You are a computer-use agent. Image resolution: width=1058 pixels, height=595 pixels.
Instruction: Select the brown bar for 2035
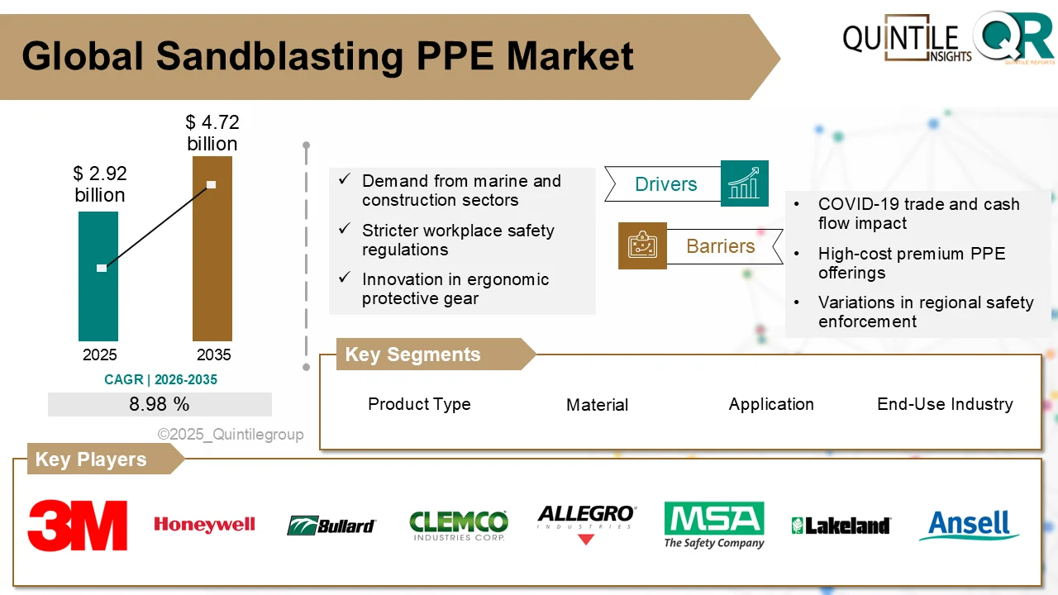tap(212, 273)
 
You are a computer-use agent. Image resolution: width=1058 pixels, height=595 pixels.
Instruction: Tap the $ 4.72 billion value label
tap(212, 133)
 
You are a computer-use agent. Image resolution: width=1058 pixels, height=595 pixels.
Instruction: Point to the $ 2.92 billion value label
tap(99, 184)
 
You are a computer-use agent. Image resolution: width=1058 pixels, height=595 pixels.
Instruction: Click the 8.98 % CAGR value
tap(160, 405)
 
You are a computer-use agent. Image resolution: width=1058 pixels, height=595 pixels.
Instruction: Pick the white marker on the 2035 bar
tap(212, 184)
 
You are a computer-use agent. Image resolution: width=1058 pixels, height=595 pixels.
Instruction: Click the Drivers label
tap(665, 184)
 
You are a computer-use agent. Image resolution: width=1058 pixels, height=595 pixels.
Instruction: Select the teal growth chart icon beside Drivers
tap(744, 183)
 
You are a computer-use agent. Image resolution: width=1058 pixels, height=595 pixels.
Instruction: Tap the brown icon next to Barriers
tap(642, 245)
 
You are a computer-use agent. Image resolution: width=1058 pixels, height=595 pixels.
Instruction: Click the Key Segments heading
tap(412, 355)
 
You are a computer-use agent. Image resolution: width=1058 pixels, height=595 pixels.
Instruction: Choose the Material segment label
tap(597, 405)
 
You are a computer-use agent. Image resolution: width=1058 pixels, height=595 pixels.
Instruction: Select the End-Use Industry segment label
tap(945, 404)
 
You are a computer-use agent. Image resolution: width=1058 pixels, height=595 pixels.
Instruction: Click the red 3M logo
tap(78, 525)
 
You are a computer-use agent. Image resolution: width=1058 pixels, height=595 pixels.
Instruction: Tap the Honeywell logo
tap(204, 525)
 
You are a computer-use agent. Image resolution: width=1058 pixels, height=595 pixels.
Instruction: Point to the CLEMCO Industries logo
tap(459, 525)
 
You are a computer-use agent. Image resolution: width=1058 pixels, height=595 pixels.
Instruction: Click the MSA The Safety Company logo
tap(714, 525)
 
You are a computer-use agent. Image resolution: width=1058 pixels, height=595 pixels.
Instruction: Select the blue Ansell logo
tap(969, 525)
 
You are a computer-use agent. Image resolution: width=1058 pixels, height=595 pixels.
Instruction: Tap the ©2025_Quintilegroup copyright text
tap(231, 434)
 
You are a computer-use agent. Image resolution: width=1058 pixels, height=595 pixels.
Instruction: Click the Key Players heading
tap(91, 459)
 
